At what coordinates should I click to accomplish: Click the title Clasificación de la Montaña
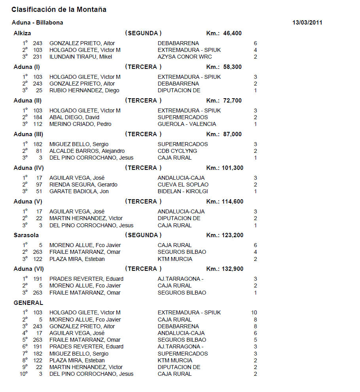click(59, 10)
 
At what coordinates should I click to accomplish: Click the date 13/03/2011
click(307, 23)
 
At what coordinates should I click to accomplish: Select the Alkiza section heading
click(22, 33)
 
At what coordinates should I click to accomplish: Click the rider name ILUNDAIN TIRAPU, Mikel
click(81, 57)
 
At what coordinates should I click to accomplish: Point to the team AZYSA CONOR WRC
click(185, 57)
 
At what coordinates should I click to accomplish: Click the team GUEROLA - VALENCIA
click(187, 124)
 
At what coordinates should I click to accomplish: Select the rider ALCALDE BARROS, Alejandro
click(87, 151)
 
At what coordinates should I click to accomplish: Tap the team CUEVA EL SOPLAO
click(183, 185)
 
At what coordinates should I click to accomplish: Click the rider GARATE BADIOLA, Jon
click(79, 191)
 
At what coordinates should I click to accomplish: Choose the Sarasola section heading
click(26, 235)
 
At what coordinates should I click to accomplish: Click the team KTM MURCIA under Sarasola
click(175, 259)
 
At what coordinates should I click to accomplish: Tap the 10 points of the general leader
click(254, 312)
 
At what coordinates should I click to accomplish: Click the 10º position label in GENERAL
click(24, 374)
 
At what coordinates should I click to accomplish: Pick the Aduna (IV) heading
click(29, 168)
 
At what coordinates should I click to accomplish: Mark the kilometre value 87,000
click(232, 134)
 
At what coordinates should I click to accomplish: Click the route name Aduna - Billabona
click(38, 23)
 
